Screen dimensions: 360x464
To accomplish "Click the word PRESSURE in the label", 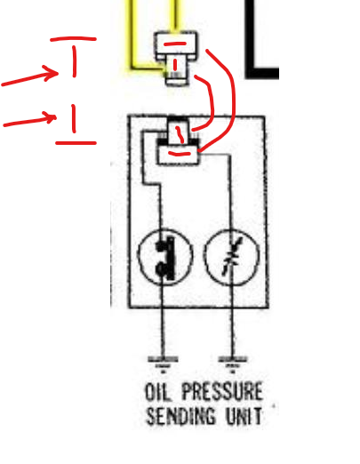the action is coord(222,391).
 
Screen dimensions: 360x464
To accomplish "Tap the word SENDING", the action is coord(181,416).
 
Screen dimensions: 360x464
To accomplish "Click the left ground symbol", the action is coord(163,364).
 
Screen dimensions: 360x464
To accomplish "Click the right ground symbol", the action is coord(233,364).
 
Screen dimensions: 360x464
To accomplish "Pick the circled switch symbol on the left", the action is coord(165,257).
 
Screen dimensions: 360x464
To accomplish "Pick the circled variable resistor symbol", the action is coord(231,257).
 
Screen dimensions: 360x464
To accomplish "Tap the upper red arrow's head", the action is coord(52,73).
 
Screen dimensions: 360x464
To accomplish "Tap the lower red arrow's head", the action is coord(51,117).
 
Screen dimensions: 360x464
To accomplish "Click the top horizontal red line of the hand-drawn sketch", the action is coord(73,38).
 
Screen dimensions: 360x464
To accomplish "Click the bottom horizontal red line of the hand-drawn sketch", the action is coord(76,143).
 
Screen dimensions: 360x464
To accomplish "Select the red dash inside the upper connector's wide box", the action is coord(175,44).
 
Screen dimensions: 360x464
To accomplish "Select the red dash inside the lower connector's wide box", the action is coord(180,154).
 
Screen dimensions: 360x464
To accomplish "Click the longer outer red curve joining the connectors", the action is coord(234,98).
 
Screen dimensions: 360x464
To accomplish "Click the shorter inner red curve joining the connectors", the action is coord(212,100).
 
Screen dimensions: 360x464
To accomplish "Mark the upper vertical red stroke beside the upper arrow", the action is coord(74,61).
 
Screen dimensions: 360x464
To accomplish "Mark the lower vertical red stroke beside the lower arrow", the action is coord(74,118).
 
